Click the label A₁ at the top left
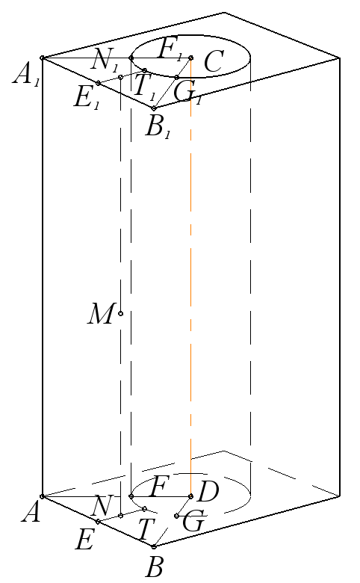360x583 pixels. coord(26,77)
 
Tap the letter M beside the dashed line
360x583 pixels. coord(100,314)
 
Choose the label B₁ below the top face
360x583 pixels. coord(158,128)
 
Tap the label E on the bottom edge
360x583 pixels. coord(84,540)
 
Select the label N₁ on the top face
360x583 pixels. coord(105,61)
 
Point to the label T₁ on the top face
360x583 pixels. coord(144,87)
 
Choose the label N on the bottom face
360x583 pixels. coord(101,505)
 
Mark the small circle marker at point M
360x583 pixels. coord(120,314)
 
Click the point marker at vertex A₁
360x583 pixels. coord(43,58)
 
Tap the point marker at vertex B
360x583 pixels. coord(154,546)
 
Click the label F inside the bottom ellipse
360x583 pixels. coord(159,487)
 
